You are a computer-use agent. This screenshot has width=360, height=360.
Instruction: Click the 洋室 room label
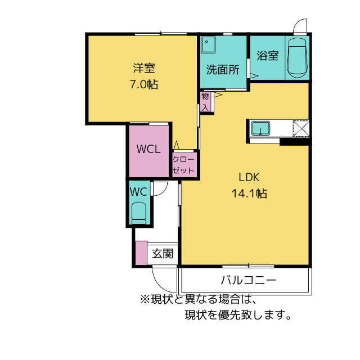pyautogui.click(x=145, y=69)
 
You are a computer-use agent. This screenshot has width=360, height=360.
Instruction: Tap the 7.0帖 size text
pyautogui.click(x=144, y=85)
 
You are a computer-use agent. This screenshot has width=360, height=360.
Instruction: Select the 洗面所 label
pyautogui.click(x=223, y=70)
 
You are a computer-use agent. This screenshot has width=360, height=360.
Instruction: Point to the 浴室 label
pyautogui.click(x=268, y=56)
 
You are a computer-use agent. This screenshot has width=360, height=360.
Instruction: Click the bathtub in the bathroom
pyautogui.click(x=296, y=58)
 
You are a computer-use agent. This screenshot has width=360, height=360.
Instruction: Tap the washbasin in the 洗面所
pyautogui.click(x=209, y=43)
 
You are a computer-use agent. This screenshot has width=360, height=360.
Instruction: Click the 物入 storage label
pyautogui.click(x=205, y=101)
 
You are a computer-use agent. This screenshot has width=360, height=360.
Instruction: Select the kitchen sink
pyautogui.click(x=260, y=128)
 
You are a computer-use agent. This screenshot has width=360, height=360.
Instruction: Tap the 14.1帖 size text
pyautogui.click(x=248, y=193)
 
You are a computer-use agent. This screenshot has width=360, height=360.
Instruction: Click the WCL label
pyautogui.click(x=149, y=150)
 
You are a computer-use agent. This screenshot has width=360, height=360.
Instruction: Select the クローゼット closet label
pyautogui.click(x=184, y=165)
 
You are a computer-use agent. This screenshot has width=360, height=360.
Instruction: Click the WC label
pyautogui.click(x=138, y=191)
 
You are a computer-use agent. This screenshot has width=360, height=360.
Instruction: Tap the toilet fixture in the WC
pyautogui.click(x=138, y=213)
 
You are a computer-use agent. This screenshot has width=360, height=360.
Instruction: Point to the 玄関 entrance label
pyautogui.click(x=163, y=254)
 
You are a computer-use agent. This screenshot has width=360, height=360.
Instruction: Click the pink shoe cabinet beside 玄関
pyautogui.click(x=141, y=253)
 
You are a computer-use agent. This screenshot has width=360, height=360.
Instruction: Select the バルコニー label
pyautogui.click(x=248, y=280)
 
